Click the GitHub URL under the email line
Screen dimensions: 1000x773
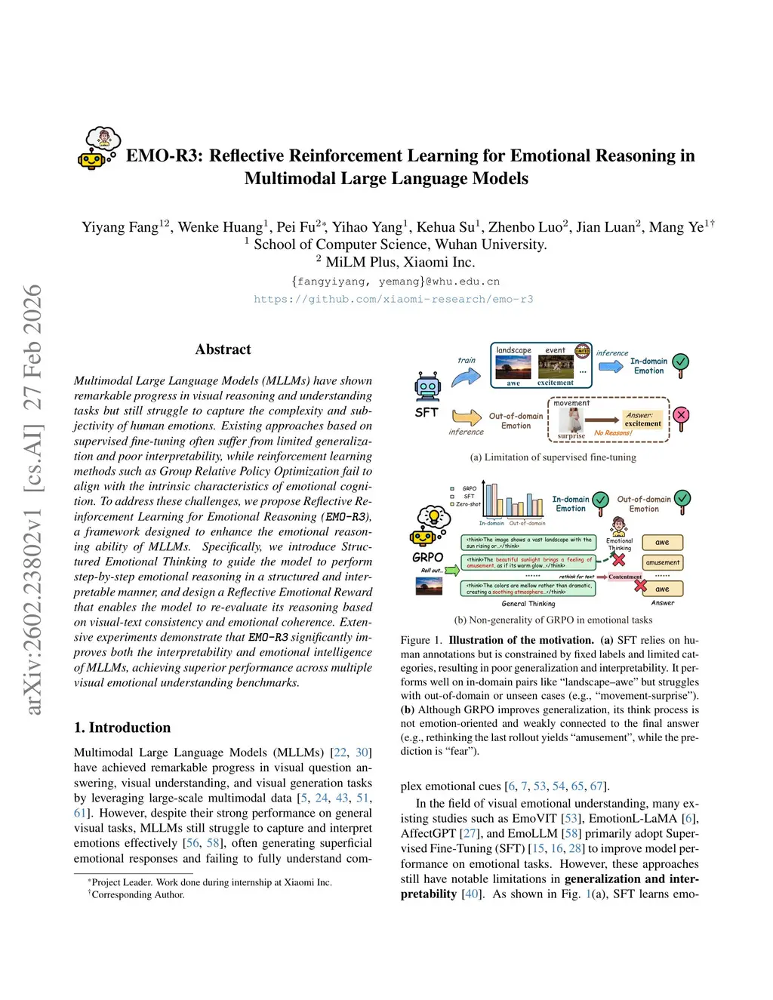click(x=393, y=300)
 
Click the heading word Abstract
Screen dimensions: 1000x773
click(x=223, y=349)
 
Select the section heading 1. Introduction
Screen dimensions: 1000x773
click(x=122, y=728)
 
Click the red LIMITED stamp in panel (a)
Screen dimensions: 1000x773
click(x=582, y=350)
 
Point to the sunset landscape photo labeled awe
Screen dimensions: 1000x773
click(x=513, y=367)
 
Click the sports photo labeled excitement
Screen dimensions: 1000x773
click(x=556, y=367)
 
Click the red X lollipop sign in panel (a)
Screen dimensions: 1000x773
click(x=681, y=416)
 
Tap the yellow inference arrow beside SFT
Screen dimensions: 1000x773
click(x=467, y=417)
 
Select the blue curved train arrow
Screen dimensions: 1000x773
click(x=467, y=376)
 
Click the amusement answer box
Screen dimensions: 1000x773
click(x=662, y=562)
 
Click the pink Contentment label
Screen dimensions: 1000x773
click(x=625, y=577)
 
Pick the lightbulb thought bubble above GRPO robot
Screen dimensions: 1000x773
click(x=434, y=516)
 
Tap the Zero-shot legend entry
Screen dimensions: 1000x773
click(x=467, y=503)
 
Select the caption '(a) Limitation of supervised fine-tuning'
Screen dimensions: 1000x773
click(x=553, y=457)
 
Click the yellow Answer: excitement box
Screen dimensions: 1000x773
click(x=642, y=420)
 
